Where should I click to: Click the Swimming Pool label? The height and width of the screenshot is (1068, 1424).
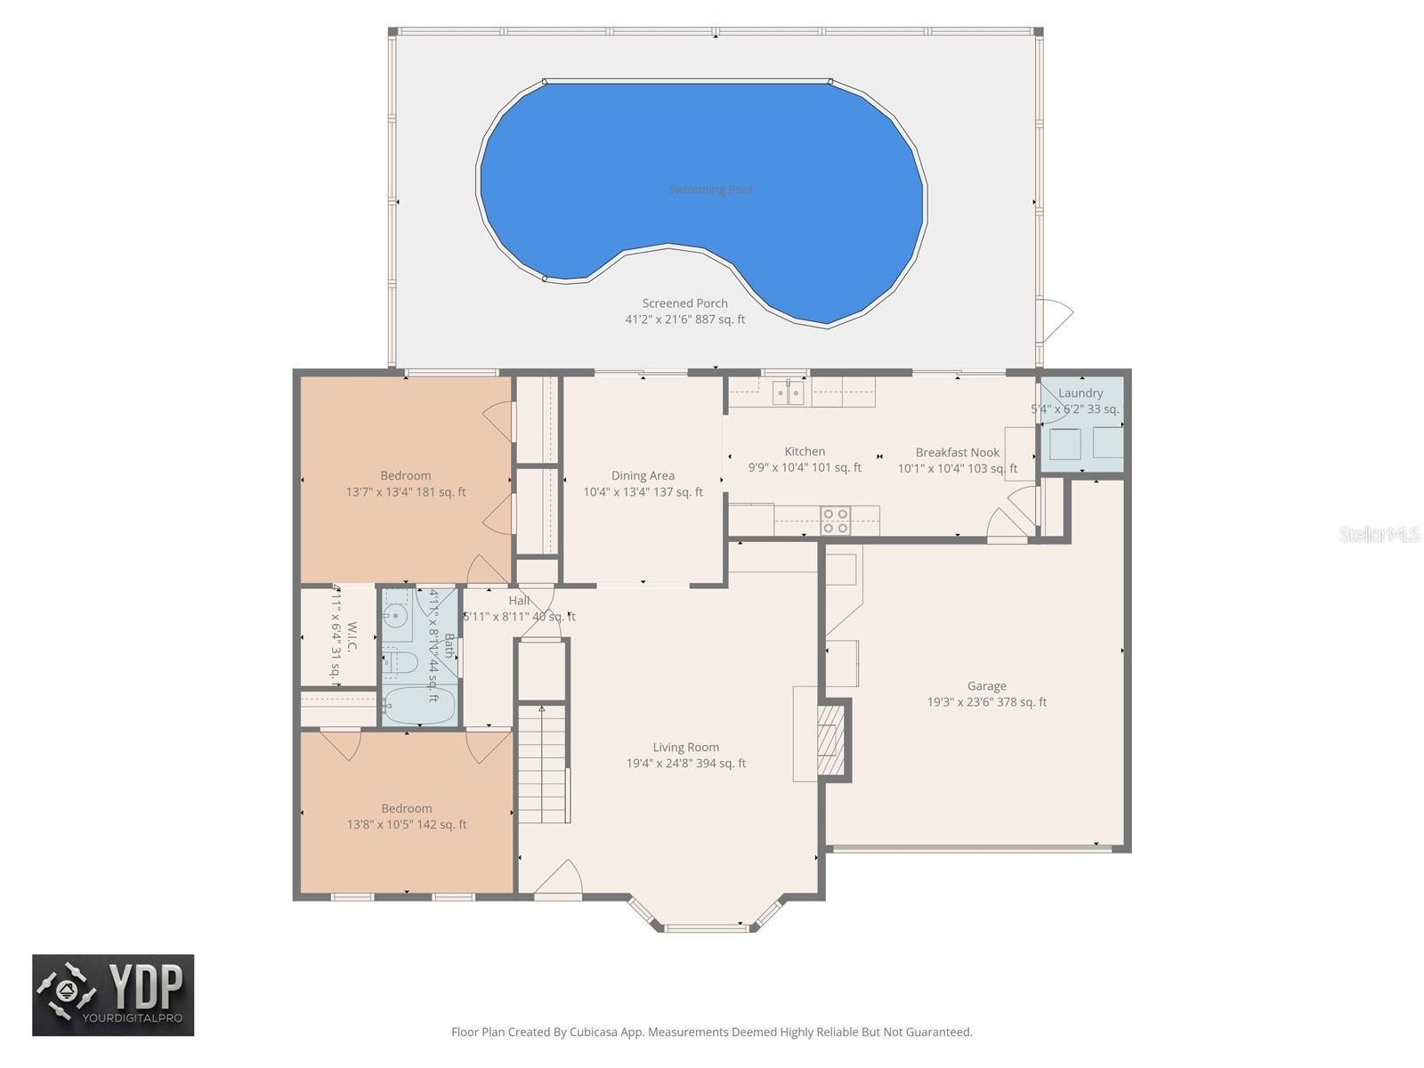pyautogui.click(x=710, y=190)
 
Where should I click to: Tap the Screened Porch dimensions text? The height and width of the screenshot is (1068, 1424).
pyautogui.click(x=685, y=320)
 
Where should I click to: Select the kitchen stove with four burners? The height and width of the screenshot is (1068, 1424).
pyautogui.click(x=835, y=521)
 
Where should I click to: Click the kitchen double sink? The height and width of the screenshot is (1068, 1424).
pyautogui.click(x=788, y=392)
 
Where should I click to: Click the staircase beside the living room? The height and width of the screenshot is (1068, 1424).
pyautogui.click(x=542, y=764)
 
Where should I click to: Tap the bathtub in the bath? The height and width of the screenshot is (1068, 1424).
pyautogui.click(x=419, y=707)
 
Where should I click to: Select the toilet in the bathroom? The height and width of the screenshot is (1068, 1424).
pyautogui.click(x=401, y=662)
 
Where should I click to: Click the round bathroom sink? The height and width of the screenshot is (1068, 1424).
pyautogui.click(x=396, y=615)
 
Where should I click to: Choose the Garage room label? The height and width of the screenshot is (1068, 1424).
pyautogui.click(x=986, y=686)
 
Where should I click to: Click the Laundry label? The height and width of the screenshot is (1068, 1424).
pyautogui.click(x=1080, y=393)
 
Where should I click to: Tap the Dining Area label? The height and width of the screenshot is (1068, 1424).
pyautogui.click(x=643, y=476)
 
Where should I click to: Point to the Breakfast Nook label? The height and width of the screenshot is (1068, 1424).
pyautogui.click(x=957, y=453)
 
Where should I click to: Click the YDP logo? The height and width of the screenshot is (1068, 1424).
pyautogui.click(x=113, y=995)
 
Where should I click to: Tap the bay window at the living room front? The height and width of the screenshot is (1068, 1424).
pyautogui.click(x=708, y=926)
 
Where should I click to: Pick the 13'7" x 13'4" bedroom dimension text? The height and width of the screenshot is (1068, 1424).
pyautogui.click(x=406, y=492)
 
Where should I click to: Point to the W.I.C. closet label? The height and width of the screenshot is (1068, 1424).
pyautogui.click(x=352, y=635)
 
